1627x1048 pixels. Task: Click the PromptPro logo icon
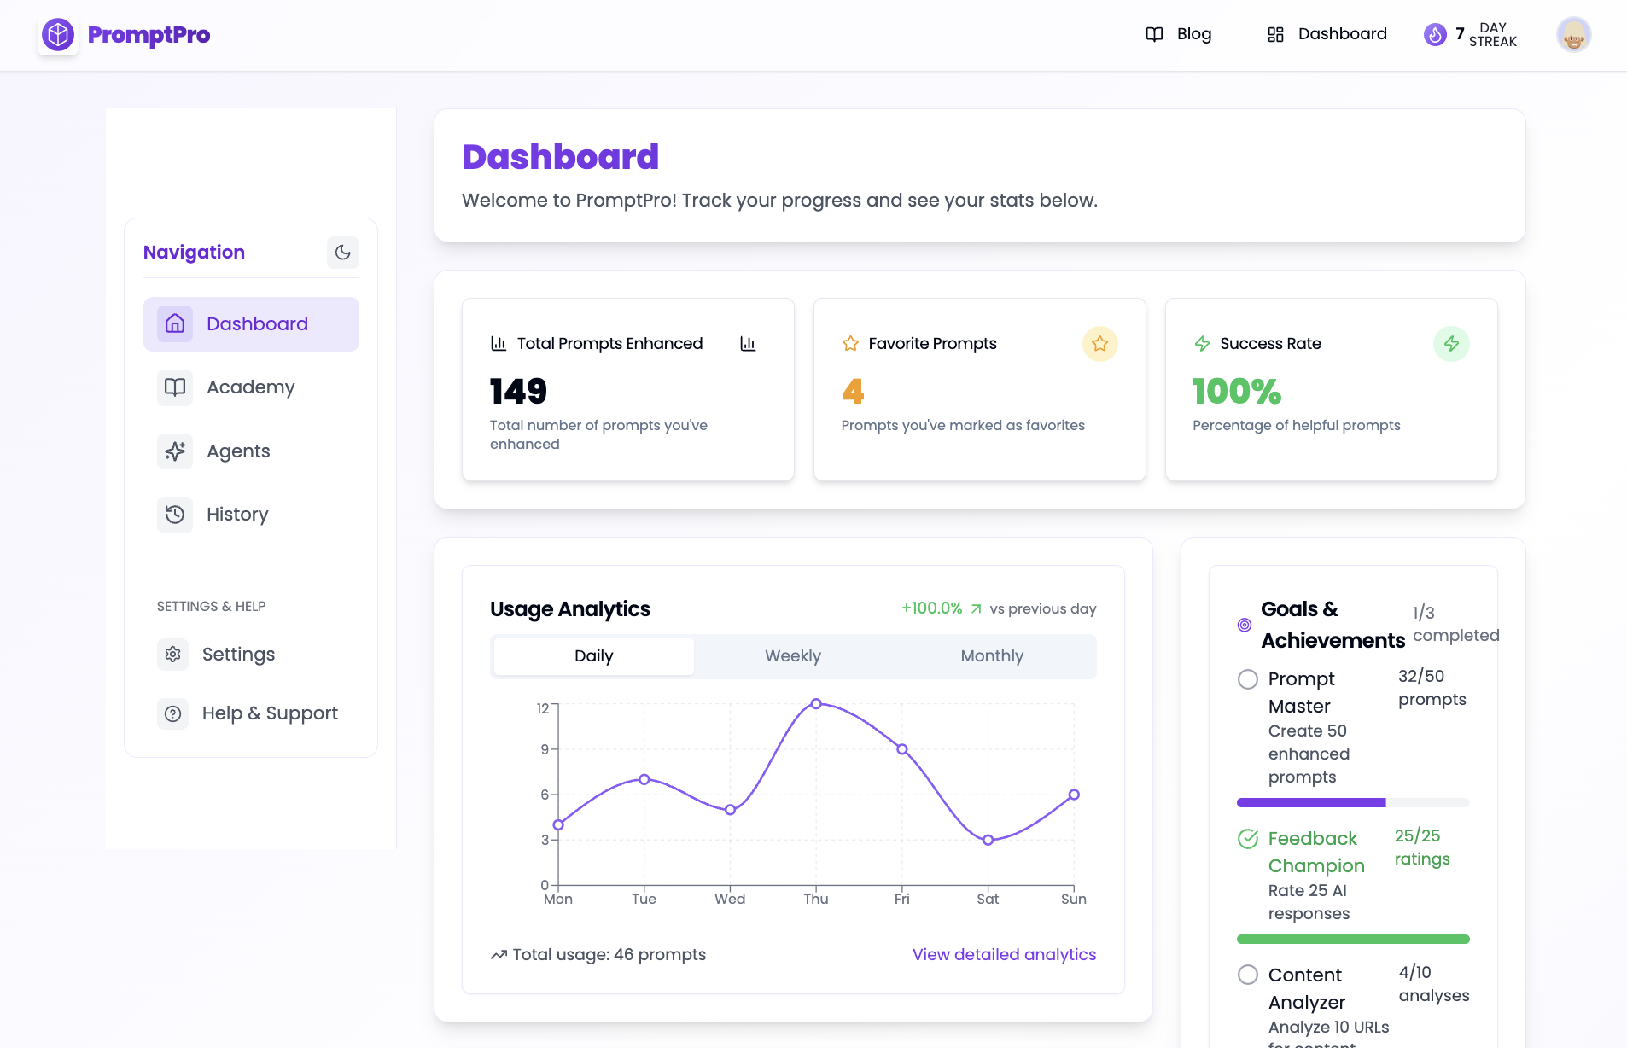(58, 35)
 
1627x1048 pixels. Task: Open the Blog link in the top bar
(1178, 34)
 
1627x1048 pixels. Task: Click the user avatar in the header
(1573, 35)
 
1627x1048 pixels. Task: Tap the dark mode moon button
(342, 253)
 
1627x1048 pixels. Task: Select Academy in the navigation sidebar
(250, 387)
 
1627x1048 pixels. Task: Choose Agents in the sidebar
(238, 451)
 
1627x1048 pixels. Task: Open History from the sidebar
(237, 515)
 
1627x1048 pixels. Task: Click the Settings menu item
(238, 655)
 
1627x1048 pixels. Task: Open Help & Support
(269, 713)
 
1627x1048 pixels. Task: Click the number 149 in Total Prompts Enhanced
(518, 392)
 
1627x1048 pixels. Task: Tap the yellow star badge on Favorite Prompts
(1099, 344)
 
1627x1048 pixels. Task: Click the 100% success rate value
(1236, 392)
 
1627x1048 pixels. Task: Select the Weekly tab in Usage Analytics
(792, 656)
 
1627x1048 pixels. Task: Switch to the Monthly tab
(991, 656)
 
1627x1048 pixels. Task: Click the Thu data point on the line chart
(816, 704)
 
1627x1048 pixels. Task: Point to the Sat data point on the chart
(988, 840)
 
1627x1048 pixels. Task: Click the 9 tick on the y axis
(545, 749)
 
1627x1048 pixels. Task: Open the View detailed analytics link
(1004, 955)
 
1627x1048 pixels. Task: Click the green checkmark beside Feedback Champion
(1248, 839)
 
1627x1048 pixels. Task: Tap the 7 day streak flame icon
(1435, 35)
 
